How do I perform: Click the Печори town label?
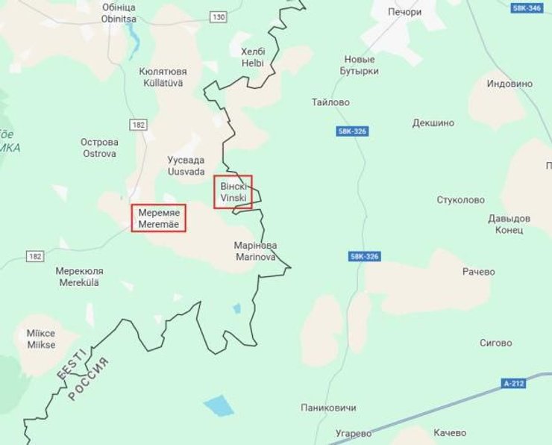pyautogui.click(x=405, y=13)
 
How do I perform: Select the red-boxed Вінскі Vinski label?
pyautogui.click(x=233, y=192)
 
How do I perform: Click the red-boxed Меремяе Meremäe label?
pyautogui.click(x=159, y=217)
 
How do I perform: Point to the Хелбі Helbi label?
pyautogui.click(x=252, y=57)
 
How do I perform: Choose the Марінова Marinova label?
pyautogui.click(x=255, y=251)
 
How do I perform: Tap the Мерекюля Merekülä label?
pyautogui.click(x=80, y=276)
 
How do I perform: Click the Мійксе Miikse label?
pyautogui.click(x=41, y=339)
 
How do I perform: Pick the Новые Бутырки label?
pyautogui.click(x=361, y=65)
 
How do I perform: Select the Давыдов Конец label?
pyautogui.click(x=509, y=224)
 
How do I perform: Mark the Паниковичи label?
pyautogui.click(x=328, y=408)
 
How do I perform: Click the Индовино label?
pyautogui.click(x=509, y=84)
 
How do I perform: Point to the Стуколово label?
pyautogui.click(x=460, y=200)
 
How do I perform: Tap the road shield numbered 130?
pyautogui.click(x=218, y=16)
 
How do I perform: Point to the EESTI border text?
pyautogui.click(x=69, y=361)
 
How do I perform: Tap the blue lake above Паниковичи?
pyautogui.click(x=219, y=406)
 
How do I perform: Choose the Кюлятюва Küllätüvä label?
pyautogui.click(x=163, y=77)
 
